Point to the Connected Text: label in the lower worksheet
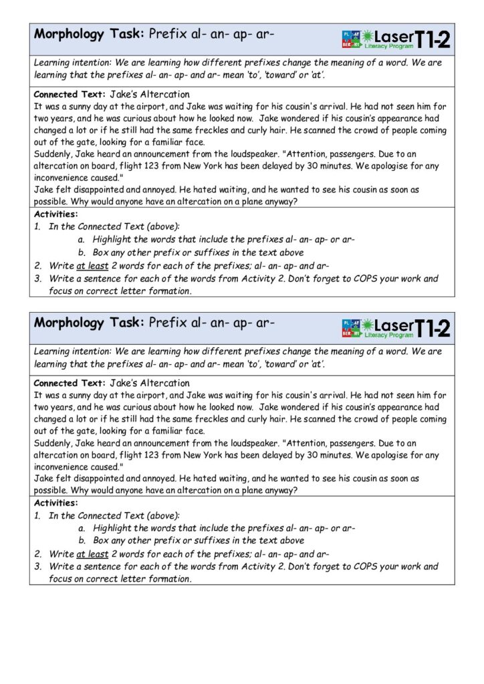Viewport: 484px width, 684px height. pos(70,383)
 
